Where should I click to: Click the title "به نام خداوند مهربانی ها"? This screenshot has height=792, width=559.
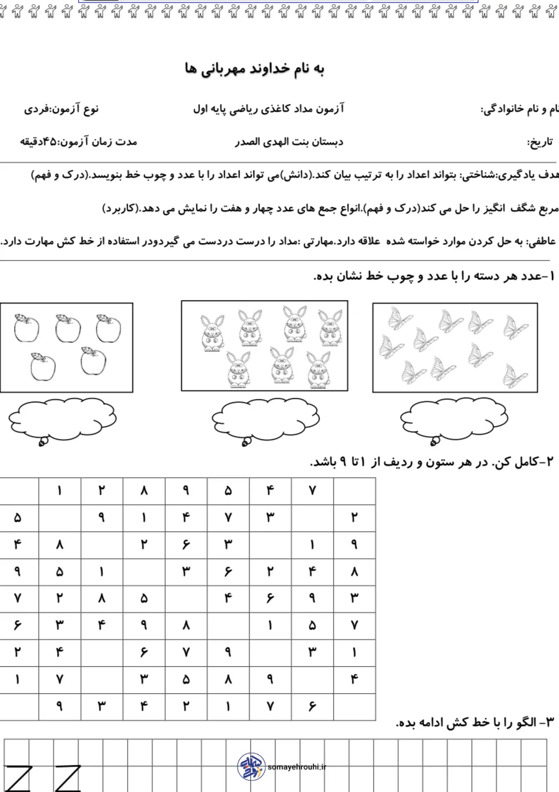(x=254, y=69)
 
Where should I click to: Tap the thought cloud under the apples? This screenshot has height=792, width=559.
(x=62, y=419)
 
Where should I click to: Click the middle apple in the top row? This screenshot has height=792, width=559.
(x=68, y=328)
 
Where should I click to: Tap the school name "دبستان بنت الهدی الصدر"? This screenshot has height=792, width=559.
(x=289, y=142)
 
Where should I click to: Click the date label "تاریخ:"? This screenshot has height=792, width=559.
(x=540, y=142)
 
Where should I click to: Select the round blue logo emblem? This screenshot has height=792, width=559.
(x=251, y=766)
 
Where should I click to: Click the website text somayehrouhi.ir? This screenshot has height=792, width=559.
(x=297, y=767)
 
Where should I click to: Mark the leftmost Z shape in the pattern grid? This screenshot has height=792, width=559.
(x=18, y=778)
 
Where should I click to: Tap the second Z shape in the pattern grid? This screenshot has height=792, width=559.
(x=68, y=778)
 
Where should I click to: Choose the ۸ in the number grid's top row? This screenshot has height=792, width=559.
(x=144, y=491)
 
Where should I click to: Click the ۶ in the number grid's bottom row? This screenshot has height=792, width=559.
(x=312, y=707)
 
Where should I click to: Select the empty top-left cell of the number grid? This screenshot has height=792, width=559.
(x=19, y=491)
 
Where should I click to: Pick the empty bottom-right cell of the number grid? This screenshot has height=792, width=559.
(x=354, y=707)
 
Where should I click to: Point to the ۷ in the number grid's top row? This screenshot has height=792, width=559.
(x=312, y=491)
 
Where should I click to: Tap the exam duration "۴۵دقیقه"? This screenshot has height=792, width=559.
(x=39, y=142)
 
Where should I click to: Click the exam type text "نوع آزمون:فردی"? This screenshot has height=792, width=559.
(x=61, y=109)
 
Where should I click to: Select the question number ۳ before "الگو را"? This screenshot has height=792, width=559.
(x=549, y=722)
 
